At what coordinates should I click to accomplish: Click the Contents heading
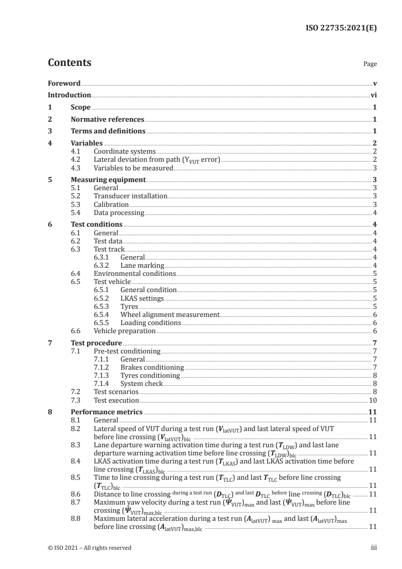tap(69, 63)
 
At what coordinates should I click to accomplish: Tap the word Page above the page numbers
tap(370, 64)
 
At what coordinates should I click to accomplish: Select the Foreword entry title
tap(64, 83)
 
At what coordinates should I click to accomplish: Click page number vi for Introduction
tap(374, 95)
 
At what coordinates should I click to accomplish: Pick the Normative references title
tap(107, 120)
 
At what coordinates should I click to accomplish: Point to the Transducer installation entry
tap(130, 196)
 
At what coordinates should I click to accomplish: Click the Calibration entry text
tap(111, 204)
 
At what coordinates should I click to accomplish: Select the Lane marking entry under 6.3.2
tap(142, 265)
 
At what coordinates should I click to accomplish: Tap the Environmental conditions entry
tap(135, 273)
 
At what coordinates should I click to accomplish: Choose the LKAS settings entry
tap(142, 298)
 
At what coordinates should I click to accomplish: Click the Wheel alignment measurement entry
tap(170, 314)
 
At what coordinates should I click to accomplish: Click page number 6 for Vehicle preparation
tap(374, 331)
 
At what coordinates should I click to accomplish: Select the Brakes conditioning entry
tap(152, 367)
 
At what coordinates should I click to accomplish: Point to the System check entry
tap(141, 383)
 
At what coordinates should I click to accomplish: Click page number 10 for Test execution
tap(372, 400)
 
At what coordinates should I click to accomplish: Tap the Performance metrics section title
tap(106, 412)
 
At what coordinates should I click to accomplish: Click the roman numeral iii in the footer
tap(374, 548)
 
